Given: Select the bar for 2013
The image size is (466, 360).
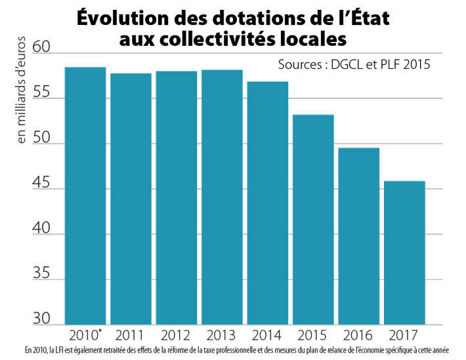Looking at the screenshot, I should [222, 197].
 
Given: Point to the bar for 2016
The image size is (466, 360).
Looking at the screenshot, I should [359, 235].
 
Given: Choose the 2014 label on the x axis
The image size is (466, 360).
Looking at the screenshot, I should [267, 336].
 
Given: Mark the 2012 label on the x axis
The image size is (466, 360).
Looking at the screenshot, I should [176, 336].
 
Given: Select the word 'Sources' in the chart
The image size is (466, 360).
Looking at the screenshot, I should [299, 66].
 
